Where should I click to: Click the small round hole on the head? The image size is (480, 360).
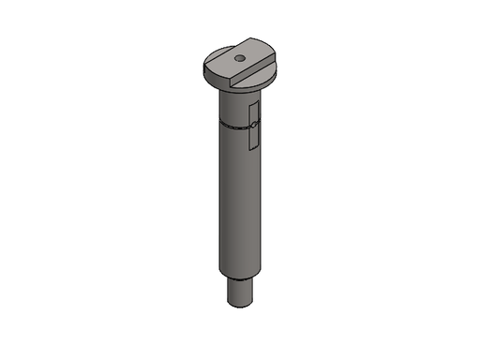tap(240, 58)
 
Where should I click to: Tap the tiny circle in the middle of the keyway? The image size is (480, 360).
tap(253, 124)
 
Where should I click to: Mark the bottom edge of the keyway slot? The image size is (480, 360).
tap(253, 148)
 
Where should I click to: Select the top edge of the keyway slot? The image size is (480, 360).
tap(253, 103)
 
